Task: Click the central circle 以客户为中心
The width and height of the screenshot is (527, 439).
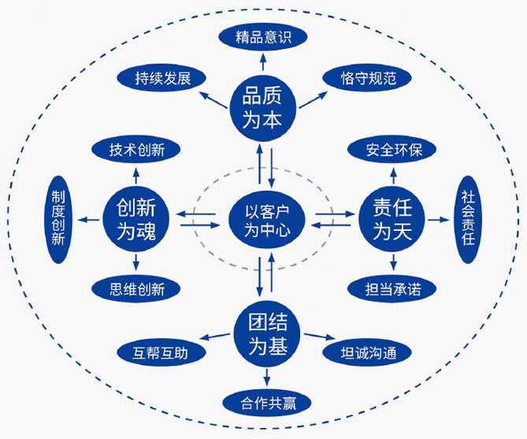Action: (x=264, y=219)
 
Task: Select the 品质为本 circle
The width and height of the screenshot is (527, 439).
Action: (x=262, y=108)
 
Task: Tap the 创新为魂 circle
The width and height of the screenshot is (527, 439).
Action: (x=136, y=219)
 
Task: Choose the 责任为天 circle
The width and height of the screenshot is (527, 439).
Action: (x=392, y=219)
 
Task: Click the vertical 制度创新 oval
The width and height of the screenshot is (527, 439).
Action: (x=58, y=218)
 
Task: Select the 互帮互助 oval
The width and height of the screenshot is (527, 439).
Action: (x=161, y=353)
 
